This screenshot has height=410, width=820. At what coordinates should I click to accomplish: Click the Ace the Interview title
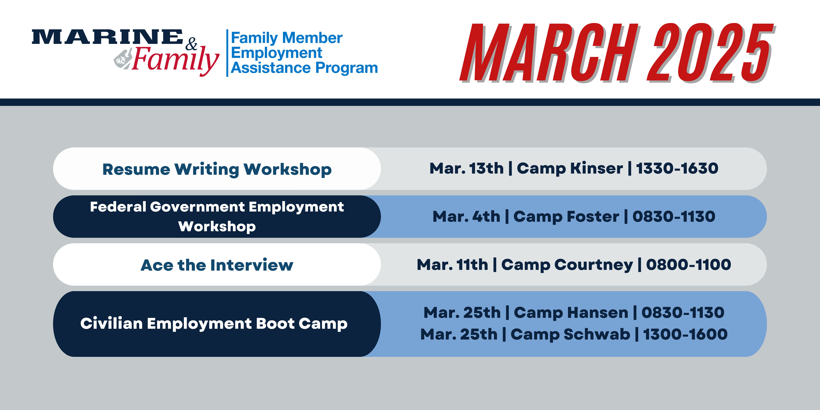click(217, 265)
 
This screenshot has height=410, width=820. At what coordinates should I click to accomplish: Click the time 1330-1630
click(677, 168)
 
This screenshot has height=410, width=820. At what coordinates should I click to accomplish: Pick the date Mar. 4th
click(466, 217)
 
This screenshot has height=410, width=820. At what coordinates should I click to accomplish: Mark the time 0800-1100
click(689, 265)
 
